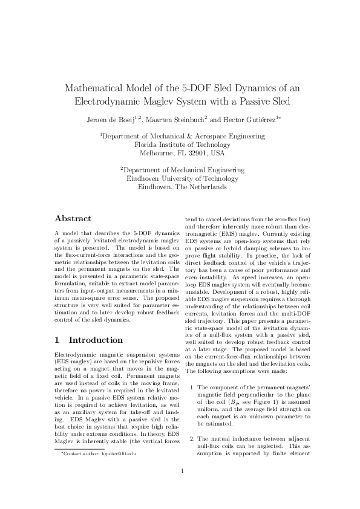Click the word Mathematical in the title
pyautogui.click(x=97, y=88)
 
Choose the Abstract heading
pyautogui.click(x=73, y=219)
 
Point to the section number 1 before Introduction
pyautogui.click(x=57, y=340)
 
